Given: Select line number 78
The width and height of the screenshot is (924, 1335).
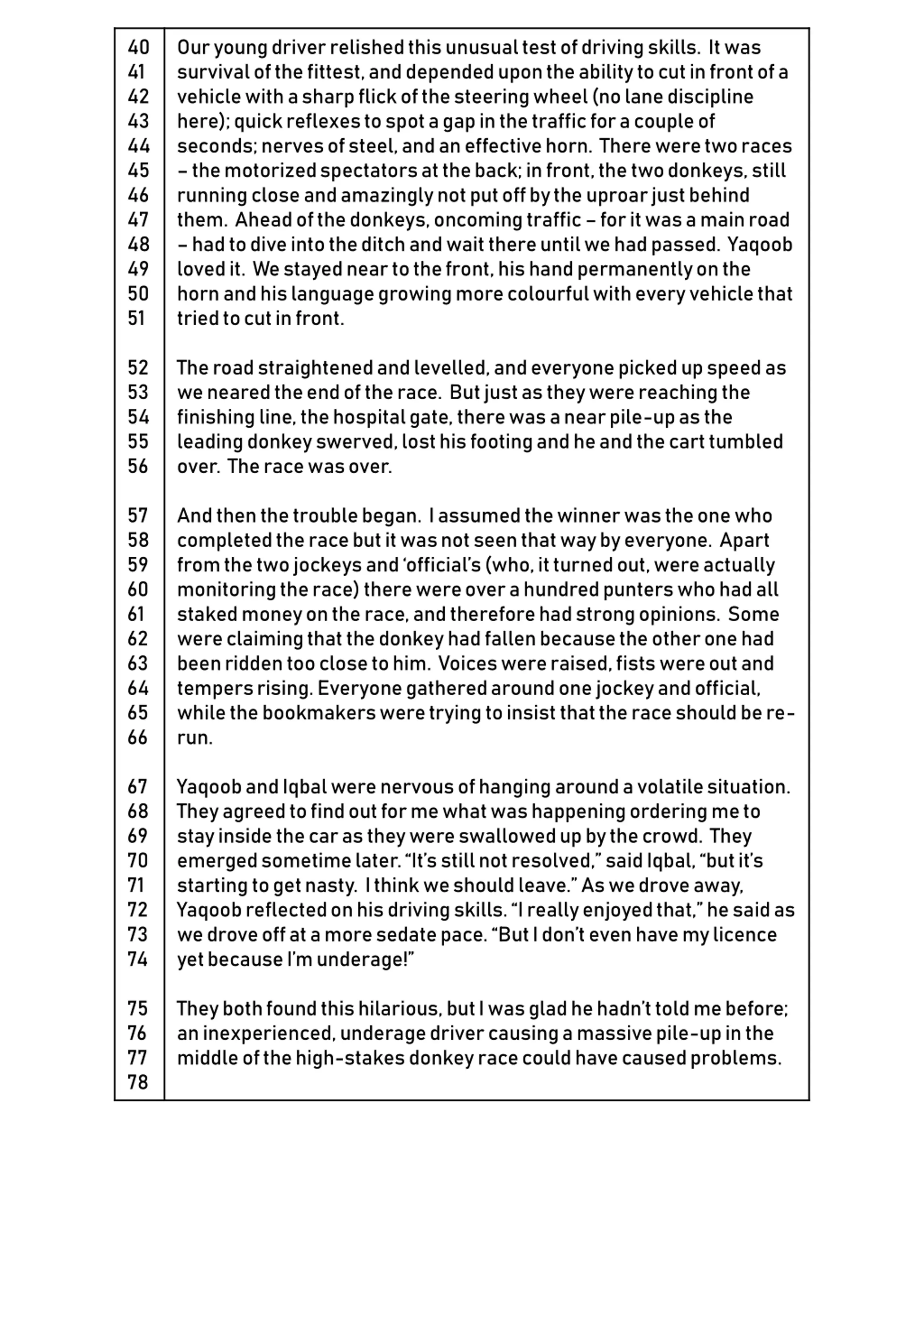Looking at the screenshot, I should click(x=138, y=1083).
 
